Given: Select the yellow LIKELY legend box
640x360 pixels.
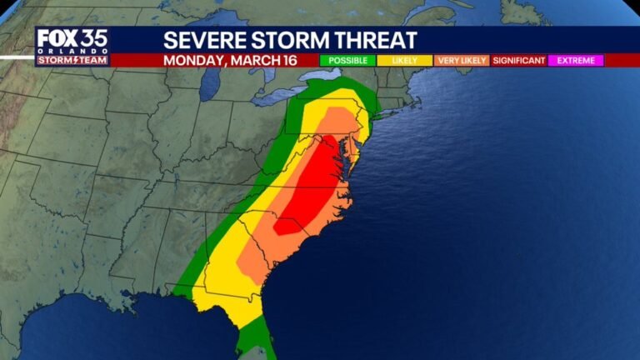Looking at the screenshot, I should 402,61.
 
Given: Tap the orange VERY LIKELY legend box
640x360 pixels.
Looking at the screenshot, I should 461,61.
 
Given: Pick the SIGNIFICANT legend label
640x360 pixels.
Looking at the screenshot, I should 518,61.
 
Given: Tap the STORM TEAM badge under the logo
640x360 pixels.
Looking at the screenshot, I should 72,60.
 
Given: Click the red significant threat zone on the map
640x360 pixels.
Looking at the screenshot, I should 312,187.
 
